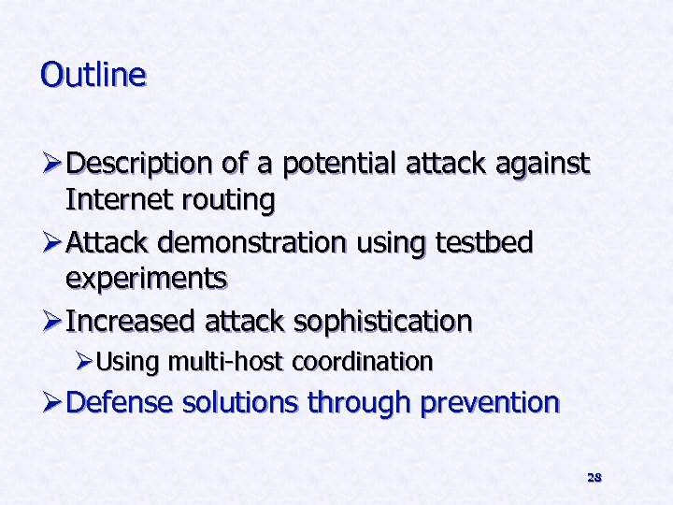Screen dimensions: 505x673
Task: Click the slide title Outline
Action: coord(93,74)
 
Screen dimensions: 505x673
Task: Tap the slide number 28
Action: coord(594,477)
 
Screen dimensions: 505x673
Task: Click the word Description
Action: coord(139,166)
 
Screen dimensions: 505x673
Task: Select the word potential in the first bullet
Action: coord(340,166)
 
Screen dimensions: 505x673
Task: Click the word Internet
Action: coord(118,199)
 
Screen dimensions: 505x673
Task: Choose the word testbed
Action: coord(484,243)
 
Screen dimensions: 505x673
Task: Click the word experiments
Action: coord(146,278)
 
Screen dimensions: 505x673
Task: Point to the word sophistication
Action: coord(382,322)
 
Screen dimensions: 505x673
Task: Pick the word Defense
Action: coord(122,403)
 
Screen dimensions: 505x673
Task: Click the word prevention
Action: coord(490,403)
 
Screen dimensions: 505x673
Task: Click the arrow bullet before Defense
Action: coord(51,403)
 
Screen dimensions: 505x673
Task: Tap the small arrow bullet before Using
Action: coord(84,362)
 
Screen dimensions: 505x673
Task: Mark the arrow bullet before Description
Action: coord(51,166)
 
